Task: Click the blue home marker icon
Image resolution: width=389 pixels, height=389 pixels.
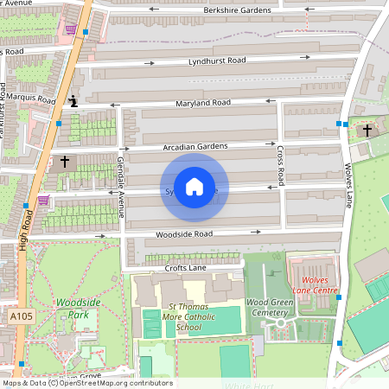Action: point(194,187)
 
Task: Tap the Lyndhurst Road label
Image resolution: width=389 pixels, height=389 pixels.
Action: point(217,61)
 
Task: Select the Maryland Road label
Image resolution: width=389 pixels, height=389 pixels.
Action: point(204,103)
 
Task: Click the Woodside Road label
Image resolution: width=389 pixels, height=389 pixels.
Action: point(184,234)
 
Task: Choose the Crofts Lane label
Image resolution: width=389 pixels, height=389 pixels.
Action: point(188,269)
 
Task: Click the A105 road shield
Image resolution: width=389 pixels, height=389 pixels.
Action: point(22,318)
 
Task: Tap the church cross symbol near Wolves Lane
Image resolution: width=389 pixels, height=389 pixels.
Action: point(367,130)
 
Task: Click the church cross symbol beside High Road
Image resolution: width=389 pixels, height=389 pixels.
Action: point(65,162)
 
